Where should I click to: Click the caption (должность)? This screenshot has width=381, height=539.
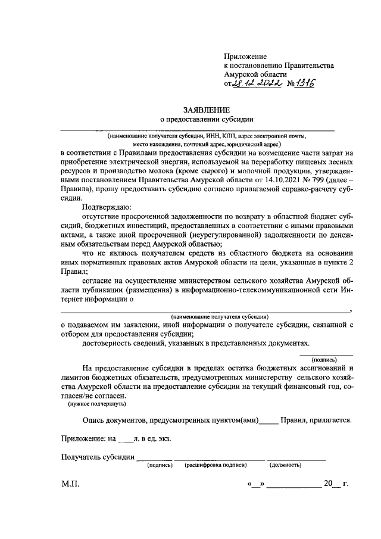(x=285, y=465)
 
